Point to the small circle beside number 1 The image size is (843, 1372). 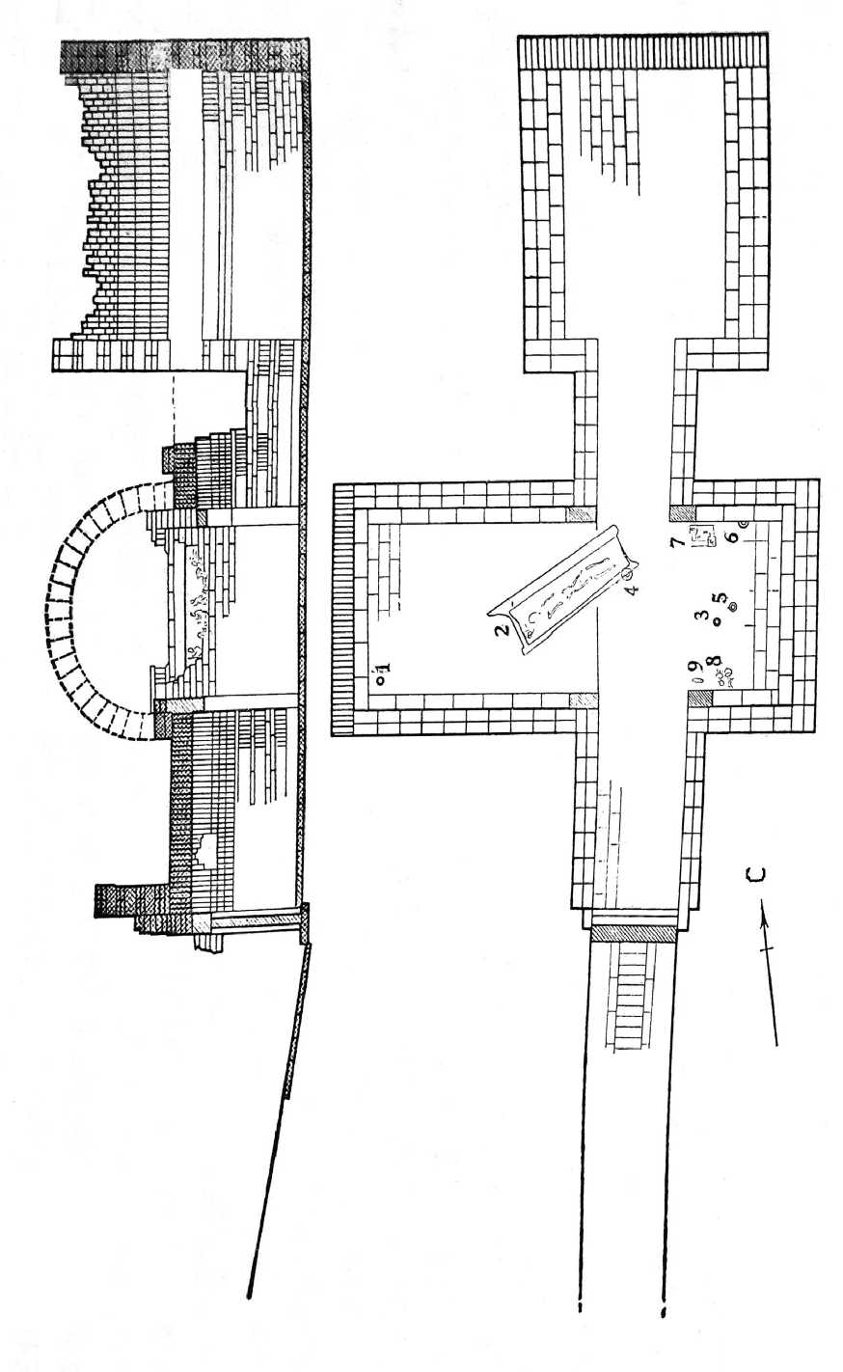click(379, 679)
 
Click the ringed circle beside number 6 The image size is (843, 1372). click(743, 524)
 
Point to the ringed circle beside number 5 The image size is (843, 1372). click(733, 606)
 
